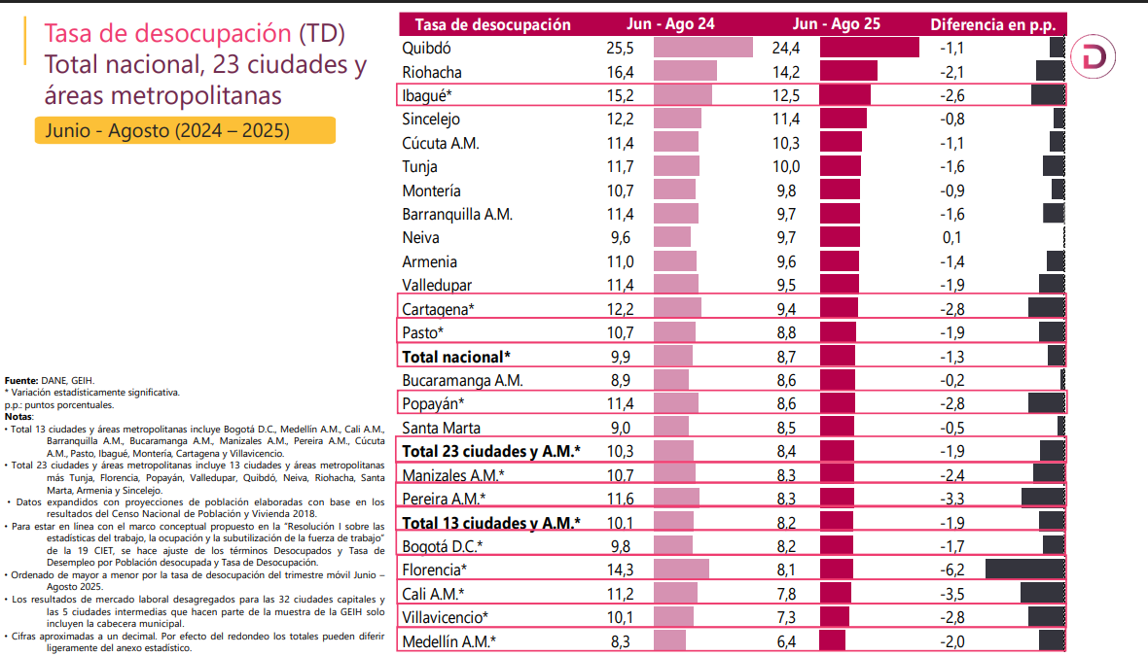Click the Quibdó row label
pos(426,48)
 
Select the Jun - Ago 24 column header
pos(672,24)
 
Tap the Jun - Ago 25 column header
pos(837,24)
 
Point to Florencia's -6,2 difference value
pos(951,570)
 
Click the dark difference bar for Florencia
pos(1024,570)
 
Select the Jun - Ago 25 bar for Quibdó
pos(870,48)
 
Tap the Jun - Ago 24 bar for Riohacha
pos(685,72)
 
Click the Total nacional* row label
pos(455,357)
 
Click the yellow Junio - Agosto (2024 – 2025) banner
pos(185,130)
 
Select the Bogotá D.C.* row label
pos(443,546)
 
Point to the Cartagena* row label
pos(438,309)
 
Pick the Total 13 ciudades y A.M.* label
pos(491,523)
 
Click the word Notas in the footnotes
pos(18,416)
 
